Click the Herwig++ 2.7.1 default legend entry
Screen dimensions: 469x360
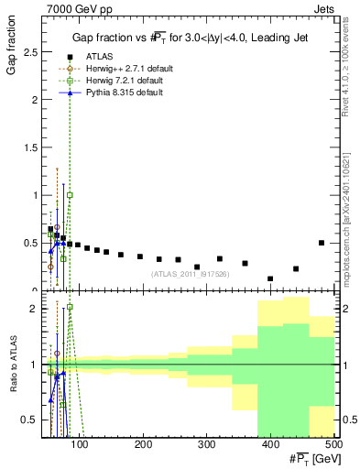coord(119,69)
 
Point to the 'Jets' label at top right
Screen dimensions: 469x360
coord(324,8)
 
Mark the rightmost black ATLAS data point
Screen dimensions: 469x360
coord(321,243)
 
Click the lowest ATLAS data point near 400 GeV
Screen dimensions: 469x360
coord(270,278)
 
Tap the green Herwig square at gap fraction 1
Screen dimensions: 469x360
coord(70,195)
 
